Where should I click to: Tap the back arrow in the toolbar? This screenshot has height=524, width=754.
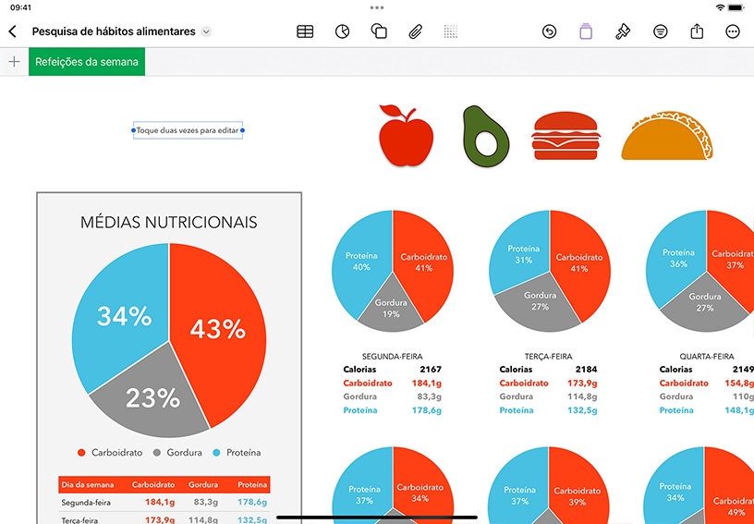pos(13,31)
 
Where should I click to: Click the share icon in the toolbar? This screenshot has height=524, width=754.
pos(697,31)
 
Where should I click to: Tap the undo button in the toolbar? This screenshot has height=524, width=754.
pos(549,31)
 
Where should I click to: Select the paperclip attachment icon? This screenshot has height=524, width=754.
pos(415,31)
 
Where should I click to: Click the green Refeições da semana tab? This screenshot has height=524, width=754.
pos(87,62)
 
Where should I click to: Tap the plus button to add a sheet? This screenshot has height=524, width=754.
pos(15,62)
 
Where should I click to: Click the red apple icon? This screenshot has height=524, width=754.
pos(406,135)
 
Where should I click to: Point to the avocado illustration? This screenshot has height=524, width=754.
pos(485,137)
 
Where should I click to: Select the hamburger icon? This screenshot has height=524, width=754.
pos(565,136)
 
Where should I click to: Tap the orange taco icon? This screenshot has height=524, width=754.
pos(667,137)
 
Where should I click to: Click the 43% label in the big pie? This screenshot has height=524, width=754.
pos(218,329)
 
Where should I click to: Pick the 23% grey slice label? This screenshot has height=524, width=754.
pos(152,398)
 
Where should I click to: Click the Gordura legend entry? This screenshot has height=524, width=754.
pos(178,453)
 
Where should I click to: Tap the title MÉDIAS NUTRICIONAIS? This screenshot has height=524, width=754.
pos(169,222)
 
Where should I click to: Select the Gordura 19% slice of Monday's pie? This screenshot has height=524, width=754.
pos(391,308)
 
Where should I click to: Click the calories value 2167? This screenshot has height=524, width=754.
pos(431,370)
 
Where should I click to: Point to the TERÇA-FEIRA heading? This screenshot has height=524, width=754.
pos(549,357)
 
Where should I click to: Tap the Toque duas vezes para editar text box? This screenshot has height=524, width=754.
pos(188,130)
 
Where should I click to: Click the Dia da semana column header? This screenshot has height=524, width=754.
pos(88,484)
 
